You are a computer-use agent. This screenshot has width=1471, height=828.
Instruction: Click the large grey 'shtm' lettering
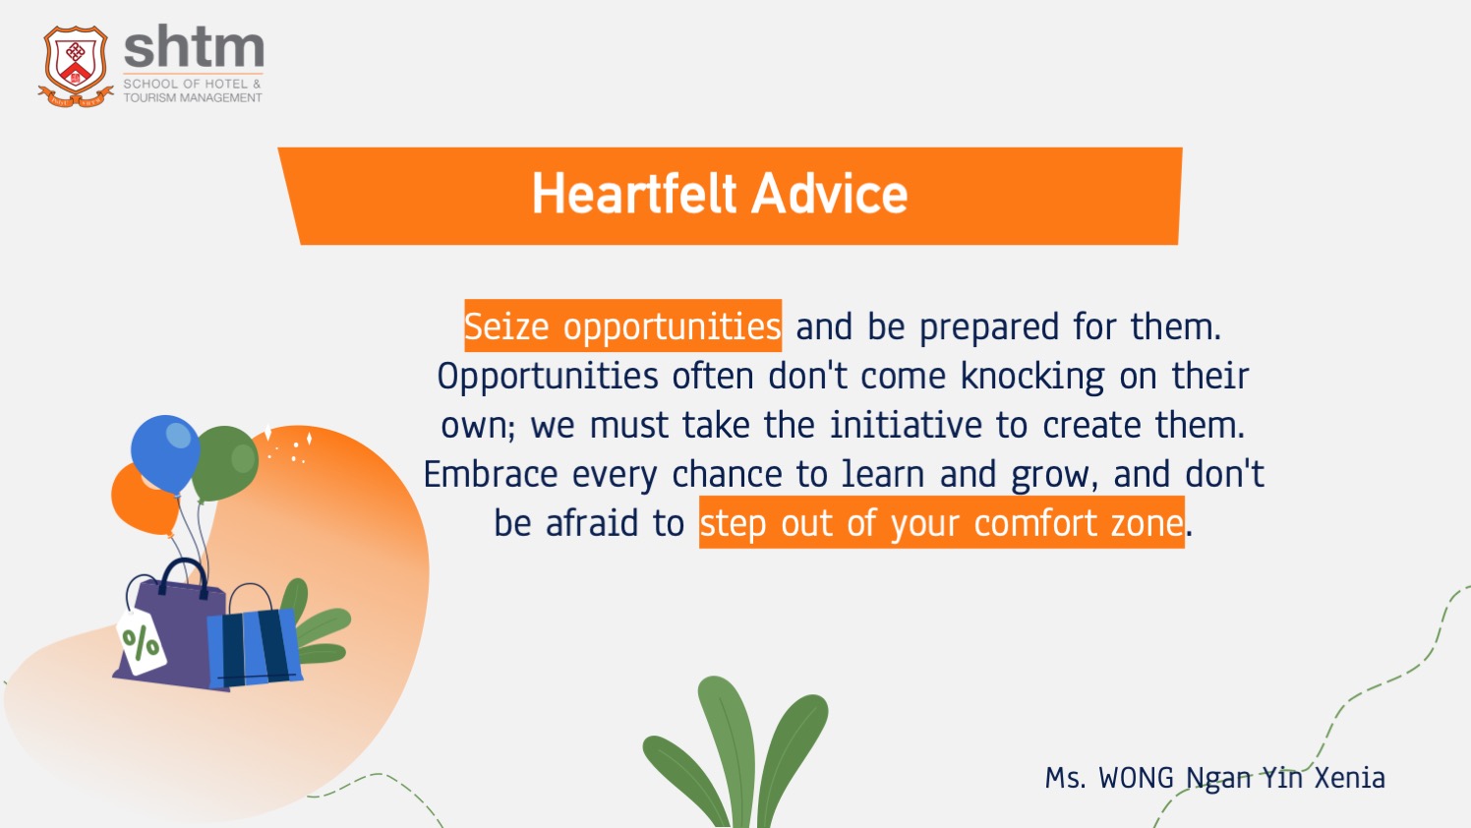[194, 46]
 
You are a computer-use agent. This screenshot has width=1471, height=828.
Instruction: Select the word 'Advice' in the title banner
[830, 194]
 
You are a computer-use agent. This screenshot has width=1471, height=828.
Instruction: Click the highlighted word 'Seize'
[506, 326]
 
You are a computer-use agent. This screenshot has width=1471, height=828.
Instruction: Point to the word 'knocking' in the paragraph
[1032, 378]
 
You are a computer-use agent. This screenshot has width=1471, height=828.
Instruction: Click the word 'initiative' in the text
[906, 425]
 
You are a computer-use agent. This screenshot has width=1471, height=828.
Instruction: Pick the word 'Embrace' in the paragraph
[491, 474]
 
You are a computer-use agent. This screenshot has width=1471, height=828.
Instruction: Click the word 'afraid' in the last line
[592, 523]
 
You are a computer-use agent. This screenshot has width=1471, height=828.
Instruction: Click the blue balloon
[165, 453]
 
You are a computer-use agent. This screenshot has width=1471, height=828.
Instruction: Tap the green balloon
[225, 463]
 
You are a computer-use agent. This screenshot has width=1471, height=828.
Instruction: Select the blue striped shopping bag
[254, 647]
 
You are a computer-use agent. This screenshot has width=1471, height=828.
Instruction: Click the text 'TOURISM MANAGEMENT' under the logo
[193, 97]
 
